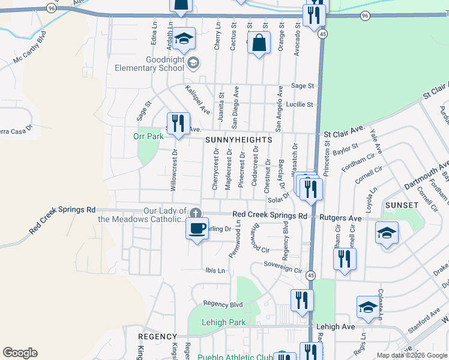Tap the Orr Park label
pos(148,136)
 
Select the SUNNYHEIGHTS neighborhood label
pos(238,139)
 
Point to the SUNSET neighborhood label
pos(402,205)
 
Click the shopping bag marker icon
pos(259,43)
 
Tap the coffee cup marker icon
pos(197,228)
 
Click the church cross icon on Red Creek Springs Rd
pos(195,214)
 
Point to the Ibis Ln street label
pos(215,271)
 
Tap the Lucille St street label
pos(300,104)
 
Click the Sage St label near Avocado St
pos(303,86)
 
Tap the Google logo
pos(20,353)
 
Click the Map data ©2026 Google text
pos(411,355)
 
